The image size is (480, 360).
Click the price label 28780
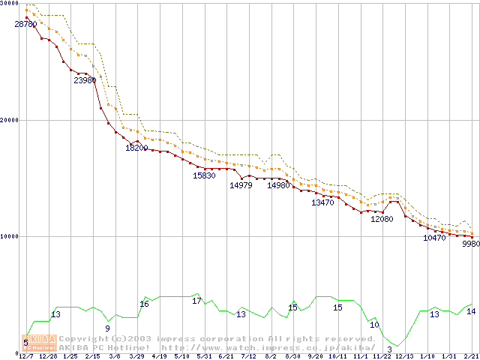point(25,25)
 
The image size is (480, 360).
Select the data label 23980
point(85,80)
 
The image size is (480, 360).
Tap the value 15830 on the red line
point(204,175)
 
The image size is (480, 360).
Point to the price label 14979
point(241,185)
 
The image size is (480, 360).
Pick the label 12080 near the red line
point(382,219)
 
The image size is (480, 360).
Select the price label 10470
point(434,238)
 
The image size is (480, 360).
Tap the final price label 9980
point(471,244)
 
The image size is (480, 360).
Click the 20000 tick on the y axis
point(10,120)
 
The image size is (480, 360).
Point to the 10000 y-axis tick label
point(10,236)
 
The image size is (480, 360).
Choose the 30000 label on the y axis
point(10,3)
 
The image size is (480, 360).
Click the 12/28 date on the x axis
point(47,356)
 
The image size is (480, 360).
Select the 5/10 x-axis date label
point(181,356)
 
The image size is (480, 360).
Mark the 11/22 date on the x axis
point(382,356)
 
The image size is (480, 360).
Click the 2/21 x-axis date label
point(471,356)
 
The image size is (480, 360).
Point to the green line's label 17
point(196,301)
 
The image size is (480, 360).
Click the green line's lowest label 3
point(390,349)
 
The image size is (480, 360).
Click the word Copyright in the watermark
point(83,339)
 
